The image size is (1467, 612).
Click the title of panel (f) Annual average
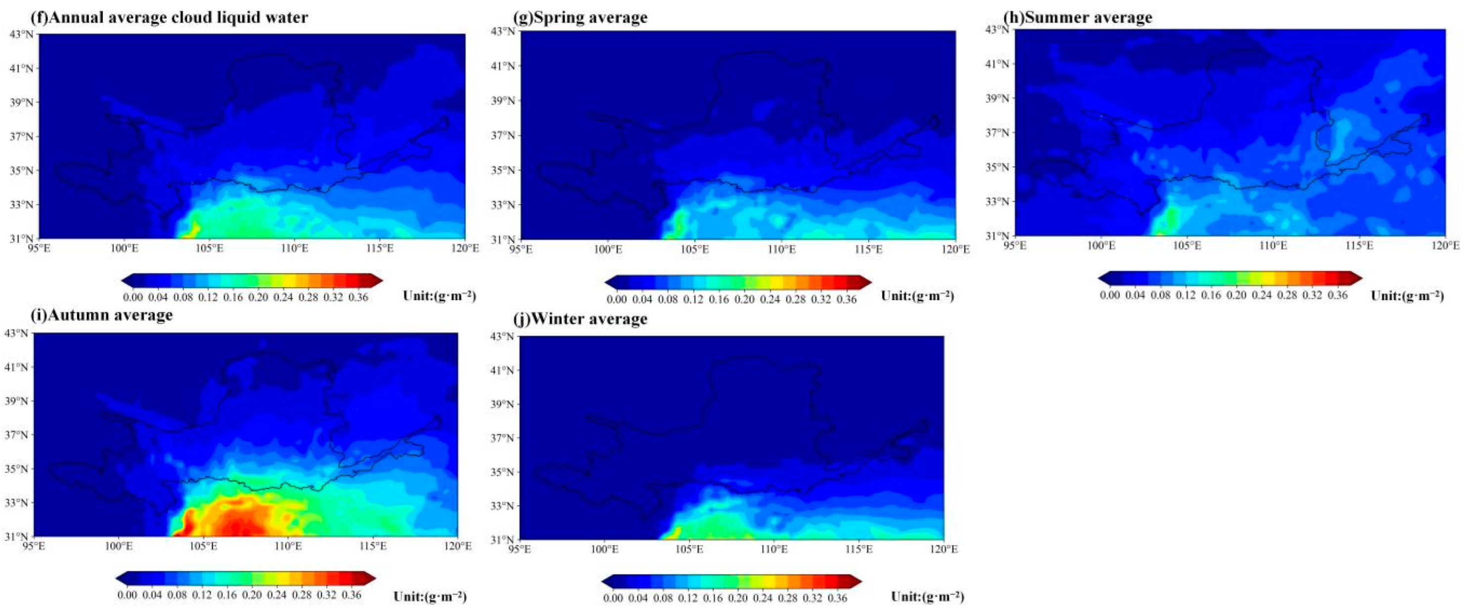pyautogui.click(x=170, y=18)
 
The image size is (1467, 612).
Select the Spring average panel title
pyautogui.click(x=581, y=18)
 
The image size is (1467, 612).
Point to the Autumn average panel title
pyautogui.click(x=102, y=315)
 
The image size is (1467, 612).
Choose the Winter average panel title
pyautogui.click(x=581, y=319)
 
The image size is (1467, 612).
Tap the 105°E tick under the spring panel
pyautogui.click(x=695, y=249)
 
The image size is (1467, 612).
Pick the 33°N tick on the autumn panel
pyautogui.click(x=17, y=503)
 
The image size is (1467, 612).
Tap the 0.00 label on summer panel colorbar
pyautogui.click(x=1110, y=295)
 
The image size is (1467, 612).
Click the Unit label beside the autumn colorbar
pyautogui.click(x=430, y=596)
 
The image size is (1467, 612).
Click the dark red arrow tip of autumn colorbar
pyautogui.click(x=370, y=578)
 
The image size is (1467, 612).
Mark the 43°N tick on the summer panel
pyautogui.click(x=997, y=30)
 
